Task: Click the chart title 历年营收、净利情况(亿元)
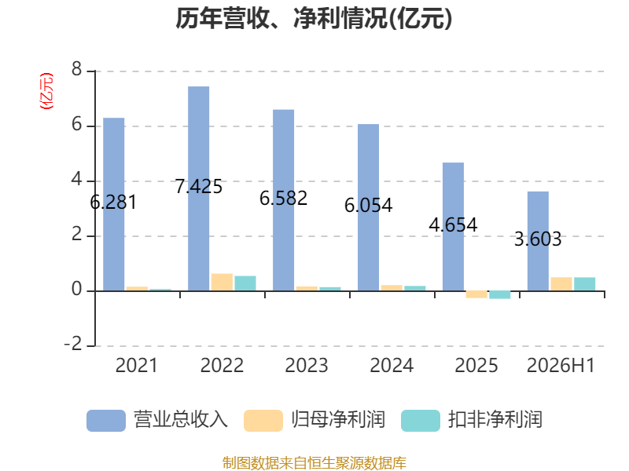pyautogui.click(x=314, y=18)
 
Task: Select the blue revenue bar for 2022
pyautogui.click(x=199, y=188)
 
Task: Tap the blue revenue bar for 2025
pyautogui.click(x=454, y=227)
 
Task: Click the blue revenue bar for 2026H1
pyautogui.click(x=538, y=241)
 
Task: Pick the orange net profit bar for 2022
pyautogui.click(x=222, y=283)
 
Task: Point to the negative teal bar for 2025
pyautogui.click(x=500, y=295)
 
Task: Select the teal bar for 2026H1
pyautogui.click(x=584, y=284)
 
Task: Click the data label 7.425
pyautogui.click(x=199, y=187)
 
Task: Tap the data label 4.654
pyautogui.click(x=454, y=225)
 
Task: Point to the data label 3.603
pyautogui.click(x=538, y=239)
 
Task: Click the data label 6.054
pyautogui.click(x=368, y=206)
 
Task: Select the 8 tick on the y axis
pyautogui.click(x=76, y=70)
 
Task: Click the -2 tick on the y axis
pyautogui.click(x=73, y=345)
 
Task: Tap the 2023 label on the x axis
pyautogui.click(x=307, y=365)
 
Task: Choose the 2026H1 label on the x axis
pyautogui.click(x=561, y=365)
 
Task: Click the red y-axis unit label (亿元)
pyautogui.click(x=46, y=91)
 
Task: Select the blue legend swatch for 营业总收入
pyautogui.click(x=106, y=421)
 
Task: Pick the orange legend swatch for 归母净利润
pyautogui.click(x=263, y=421)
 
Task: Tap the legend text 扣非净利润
pyautogui.click(x=495, y=420)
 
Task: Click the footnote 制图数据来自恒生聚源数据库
pyautogui.click(x=314, y=463)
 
